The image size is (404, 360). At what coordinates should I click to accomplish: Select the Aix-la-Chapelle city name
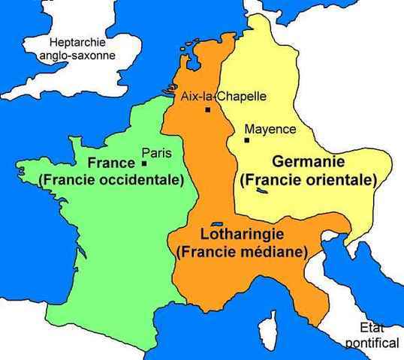pos(224,96)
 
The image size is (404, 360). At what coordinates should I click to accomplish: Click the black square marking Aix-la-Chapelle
pos(207,110)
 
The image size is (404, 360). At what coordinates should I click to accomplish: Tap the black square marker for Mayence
pos(246,139)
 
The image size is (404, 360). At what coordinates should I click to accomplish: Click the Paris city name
pos(158,153)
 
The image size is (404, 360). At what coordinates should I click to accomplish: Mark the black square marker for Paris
pos(143,163)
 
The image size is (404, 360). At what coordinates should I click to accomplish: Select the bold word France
pos(113,163)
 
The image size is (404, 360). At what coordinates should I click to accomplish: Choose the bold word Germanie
pos(308,162)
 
